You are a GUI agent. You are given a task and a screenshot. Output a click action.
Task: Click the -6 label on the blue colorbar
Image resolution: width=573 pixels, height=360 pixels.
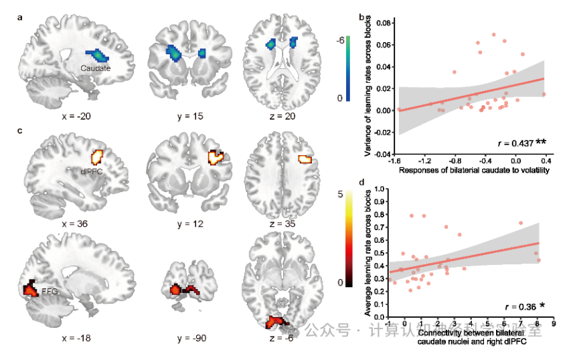click(340, 40)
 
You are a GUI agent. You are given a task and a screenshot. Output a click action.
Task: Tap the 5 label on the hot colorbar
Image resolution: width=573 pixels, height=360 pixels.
click(341, 194)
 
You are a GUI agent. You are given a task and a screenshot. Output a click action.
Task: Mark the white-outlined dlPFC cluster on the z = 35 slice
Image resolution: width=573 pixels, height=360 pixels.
click(305, 159)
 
